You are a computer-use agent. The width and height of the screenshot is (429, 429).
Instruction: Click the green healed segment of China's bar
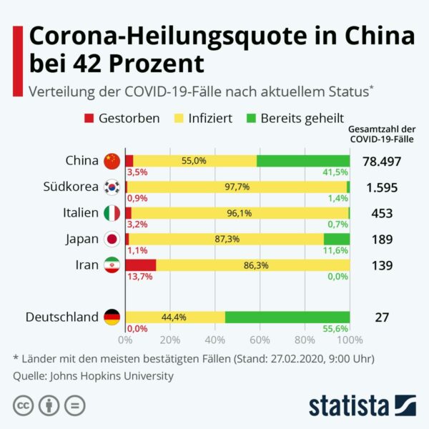pos(303,161)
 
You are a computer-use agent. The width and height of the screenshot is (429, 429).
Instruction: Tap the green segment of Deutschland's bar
pos(287,317)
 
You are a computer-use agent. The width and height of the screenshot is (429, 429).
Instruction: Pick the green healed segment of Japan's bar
pos(336,239)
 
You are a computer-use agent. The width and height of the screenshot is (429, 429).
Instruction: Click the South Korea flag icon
pos(112,187)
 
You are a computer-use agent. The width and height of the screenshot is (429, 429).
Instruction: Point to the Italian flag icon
pos(112,213)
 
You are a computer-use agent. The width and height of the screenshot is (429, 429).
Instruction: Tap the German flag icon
pos(112,317)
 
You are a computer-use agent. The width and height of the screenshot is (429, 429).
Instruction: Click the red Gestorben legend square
pos(89,118)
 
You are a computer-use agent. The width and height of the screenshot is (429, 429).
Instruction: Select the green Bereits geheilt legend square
pos(251,118)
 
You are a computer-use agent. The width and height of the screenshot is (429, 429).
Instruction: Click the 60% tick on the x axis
pos(260,340)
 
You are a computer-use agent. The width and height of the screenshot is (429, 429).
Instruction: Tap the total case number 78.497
pos(382,162)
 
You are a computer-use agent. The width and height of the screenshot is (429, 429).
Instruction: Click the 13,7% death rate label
pos(139,277)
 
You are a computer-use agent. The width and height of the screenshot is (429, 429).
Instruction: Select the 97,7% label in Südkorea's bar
pos(237,187)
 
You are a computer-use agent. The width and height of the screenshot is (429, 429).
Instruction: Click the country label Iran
pos(87,265)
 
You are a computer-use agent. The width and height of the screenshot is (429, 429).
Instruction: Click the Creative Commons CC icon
pos(24,405)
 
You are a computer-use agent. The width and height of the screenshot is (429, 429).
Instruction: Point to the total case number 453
pos(382,213)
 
